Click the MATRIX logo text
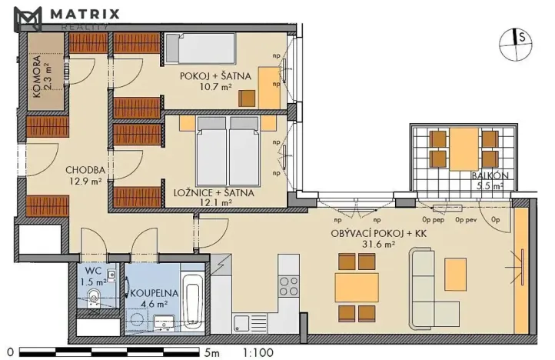point(85,15)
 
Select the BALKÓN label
point(488,181)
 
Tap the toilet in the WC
point(93,300)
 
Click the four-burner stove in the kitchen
point(288,285)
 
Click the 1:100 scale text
point(259,352)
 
